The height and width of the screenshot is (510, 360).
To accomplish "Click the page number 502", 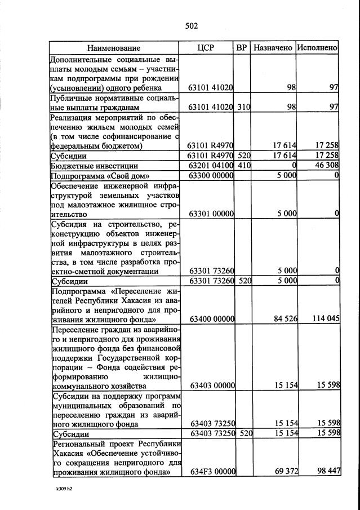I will (192, 25).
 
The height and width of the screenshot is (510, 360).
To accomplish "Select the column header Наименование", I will (114, 48).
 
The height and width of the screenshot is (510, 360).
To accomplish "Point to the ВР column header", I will (242, 48).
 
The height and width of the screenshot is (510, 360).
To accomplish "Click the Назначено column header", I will (273, 48).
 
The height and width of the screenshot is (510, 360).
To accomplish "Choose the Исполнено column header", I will (317, 48).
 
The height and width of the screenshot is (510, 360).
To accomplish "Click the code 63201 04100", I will (211, 166).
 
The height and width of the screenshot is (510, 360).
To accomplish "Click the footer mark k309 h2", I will (60, 489).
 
